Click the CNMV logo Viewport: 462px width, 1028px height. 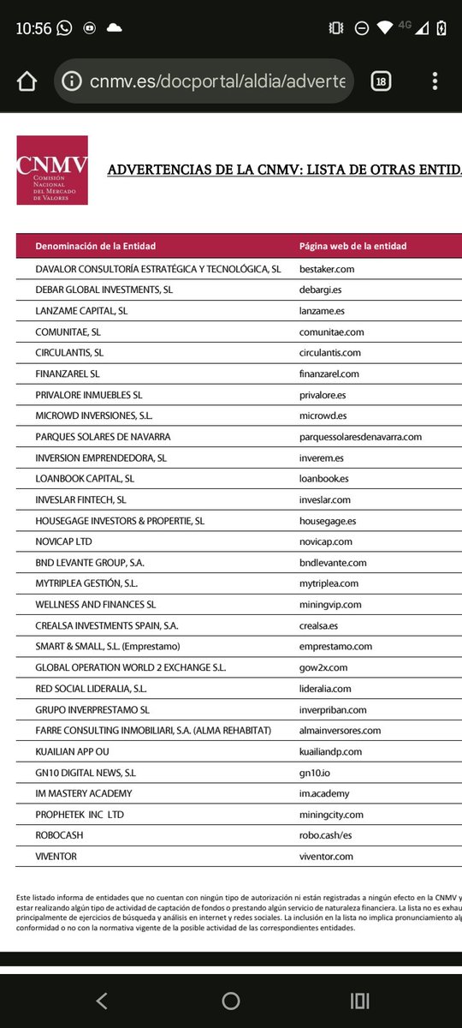(52, 170)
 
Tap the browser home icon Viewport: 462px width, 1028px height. (27, 81)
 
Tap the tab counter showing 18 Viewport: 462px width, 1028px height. (381, 81)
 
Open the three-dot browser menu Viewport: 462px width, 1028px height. (435, 81)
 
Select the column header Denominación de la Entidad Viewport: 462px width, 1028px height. (96, 246)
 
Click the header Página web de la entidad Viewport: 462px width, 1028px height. (352, 246)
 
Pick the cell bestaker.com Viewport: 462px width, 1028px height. (327, 269)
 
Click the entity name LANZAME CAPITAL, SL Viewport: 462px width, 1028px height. (81, 311)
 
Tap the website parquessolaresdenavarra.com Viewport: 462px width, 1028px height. (360, 437)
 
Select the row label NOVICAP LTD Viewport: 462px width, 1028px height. (63, 541)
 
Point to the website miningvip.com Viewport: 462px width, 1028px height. (330, 605)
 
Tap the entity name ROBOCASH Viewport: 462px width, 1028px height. (59, 835)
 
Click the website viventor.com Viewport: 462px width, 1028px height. (326, 857)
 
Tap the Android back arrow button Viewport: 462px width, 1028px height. (102, 1001)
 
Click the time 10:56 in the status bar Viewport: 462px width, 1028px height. (33, 28)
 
